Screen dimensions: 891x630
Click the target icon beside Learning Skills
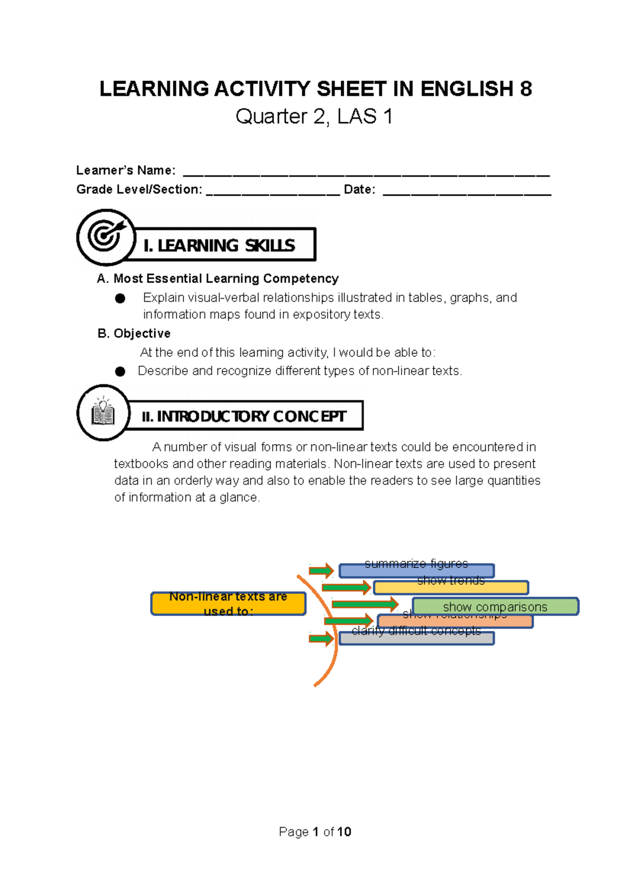click(x=106, y=237)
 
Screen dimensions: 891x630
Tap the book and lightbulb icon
click(x=103, y=412)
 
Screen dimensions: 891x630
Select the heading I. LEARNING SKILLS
click(x=219, y=246)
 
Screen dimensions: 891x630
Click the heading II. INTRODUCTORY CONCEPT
click(x=244, y=416)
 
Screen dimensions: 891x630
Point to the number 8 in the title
click(x=526, y=89)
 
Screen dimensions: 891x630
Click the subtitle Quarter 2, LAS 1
click(x=314, y=116)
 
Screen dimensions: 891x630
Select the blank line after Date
click(x=467, y=192)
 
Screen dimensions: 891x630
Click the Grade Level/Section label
click(x=139, y=189)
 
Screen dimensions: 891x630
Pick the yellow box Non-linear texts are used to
click(x=228, y=603)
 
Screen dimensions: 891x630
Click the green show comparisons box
click(x=495, y=607)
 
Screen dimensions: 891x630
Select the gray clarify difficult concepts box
click(x=416, y=638)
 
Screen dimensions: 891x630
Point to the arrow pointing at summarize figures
click(x=321, y=570)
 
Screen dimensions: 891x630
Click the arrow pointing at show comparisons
click(x=364, y=604)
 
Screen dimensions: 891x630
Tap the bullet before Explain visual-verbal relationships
click(x=120, y=299)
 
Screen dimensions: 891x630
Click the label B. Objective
click(x=134, y=334)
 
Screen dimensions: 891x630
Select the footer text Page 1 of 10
click(x=315, y=832)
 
